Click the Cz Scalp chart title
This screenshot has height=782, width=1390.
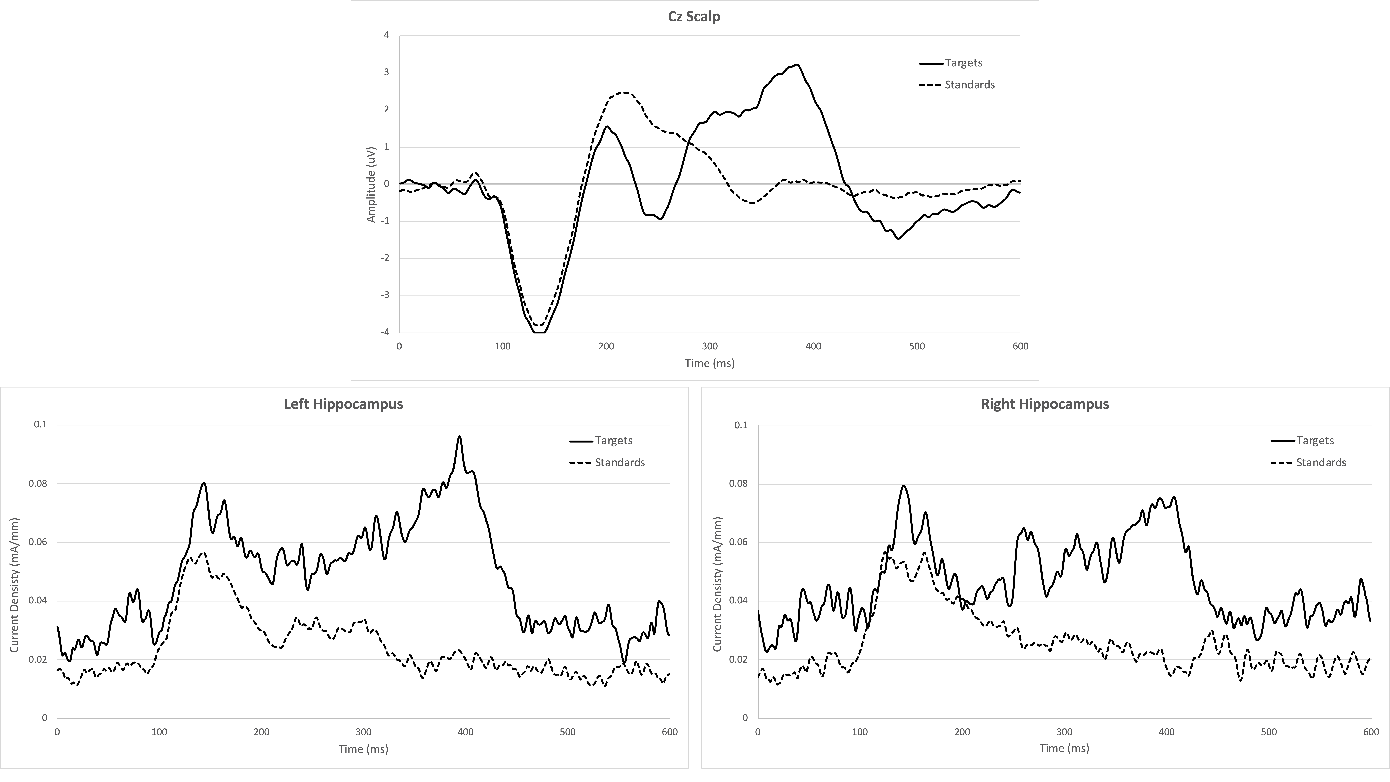694,17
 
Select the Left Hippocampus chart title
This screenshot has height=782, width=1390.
343,404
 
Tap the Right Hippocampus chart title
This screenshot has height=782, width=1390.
1045,404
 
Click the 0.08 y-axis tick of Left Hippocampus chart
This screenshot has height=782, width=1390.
38,484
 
